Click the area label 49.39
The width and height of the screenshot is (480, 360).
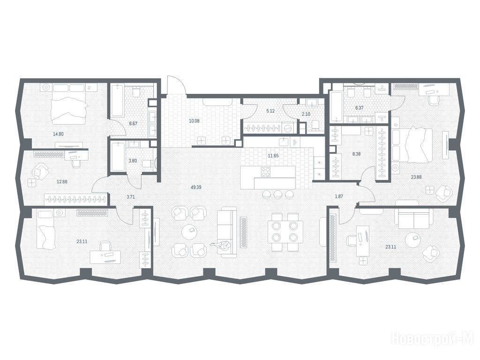point(196,187)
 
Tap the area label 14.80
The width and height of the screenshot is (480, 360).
point(58,134)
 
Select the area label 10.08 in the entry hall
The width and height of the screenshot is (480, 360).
point(194,121)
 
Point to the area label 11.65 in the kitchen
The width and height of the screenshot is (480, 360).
point(273,156)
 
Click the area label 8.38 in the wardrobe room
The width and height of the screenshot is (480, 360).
point(356,154)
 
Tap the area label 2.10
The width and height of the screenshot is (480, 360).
point(306,114)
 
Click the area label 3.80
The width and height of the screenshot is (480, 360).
point(133,160)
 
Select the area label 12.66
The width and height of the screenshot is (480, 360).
point(62,181)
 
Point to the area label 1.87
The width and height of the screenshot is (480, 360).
point(339,196)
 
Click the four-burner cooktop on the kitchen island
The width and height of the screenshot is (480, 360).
point(265,172)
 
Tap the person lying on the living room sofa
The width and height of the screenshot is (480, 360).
point(222,245)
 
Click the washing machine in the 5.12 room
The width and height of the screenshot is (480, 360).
point(288,128)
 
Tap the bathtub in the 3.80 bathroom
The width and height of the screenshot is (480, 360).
point(118,156)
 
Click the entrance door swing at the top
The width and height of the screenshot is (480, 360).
point(175,85)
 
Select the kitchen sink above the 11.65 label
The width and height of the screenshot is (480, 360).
point(284,142)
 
